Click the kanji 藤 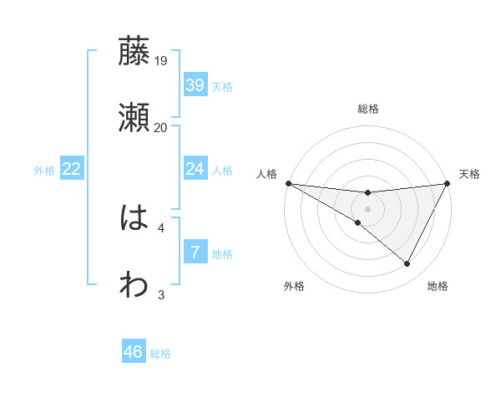pyautogui.click(x=134, y=52)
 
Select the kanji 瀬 pyautogui.click(x=134, y=119)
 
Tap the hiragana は pyautogui.click(x=134, y=219)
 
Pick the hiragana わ pyautogui.click(x=134, y=285)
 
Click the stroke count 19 pyautogui.click(x=161, y=60)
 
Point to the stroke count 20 pyautogui.click(x=161, y=127)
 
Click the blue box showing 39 pyautogui.click(x=195, y=85)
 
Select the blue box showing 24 pyautogui.click(x=195, y=169)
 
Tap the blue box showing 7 pyautogui.click(x=195, y=253)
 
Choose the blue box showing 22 pyautogui.click(x=72, y=169)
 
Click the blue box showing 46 pyautogui.click(x=134, y=352)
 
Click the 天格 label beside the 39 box pyautogui.click(x=222, y=86)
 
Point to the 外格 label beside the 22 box pyautogui.click(x=44, y=170)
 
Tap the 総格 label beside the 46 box pyautogui.click(x=161, y=353)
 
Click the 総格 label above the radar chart pyautogui.click(x=368, y=109)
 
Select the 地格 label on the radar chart pyautogui.click(x=438, y=286)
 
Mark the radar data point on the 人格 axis pyautogui.click(x=288, y=183)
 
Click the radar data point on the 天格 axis pyautogui.click(x=448, y=183)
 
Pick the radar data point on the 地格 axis pyautogui.click(x=407, y=264)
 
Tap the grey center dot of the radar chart pyautogui.click(x=368, y=209)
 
